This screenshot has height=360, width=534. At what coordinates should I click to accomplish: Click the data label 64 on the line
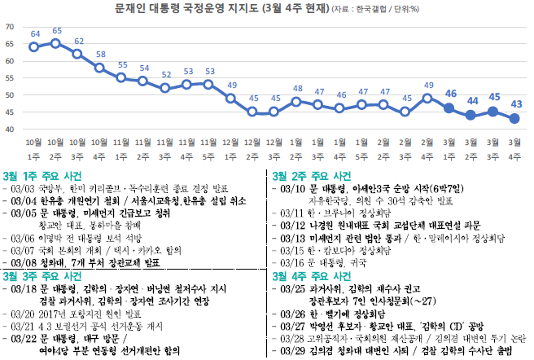click(x=35, y=34)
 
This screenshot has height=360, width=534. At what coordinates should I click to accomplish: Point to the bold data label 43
click(x=516, y=104)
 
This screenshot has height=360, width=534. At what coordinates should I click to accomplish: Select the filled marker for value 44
click(x=471, y=115)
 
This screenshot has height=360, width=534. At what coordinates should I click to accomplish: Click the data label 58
click(x=100, y=55)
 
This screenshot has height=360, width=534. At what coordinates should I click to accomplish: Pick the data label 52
click(x=166, y=76)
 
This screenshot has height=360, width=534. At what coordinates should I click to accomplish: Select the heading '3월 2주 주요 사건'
click(x=312, y=175)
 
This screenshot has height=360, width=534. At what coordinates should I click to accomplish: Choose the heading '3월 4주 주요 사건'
click(x=312, y=275)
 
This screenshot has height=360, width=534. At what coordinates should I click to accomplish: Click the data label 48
click(x=298, y=90)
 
